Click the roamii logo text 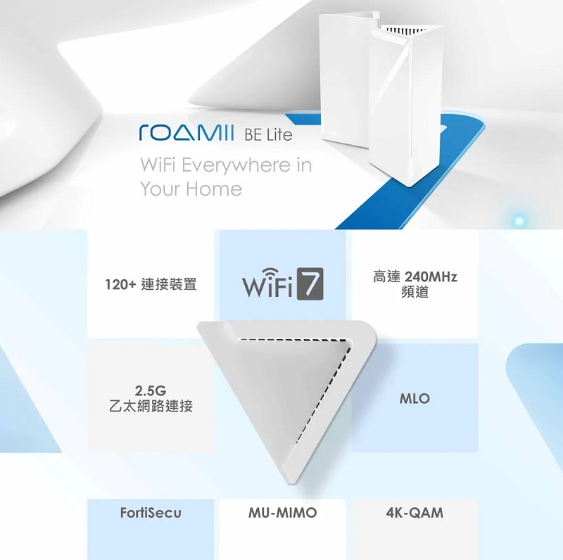click(186, 132)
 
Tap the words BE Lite click(267, 134)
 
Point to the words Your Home click(191, 189)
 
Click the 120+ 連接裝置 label click(150, 284)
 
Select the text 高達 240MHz click(415, 277)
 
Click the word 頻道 click(415, 292)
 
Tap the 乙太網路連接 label click(149, 407)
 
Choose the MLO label click(415, 399)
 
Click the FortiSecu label click(150, 513)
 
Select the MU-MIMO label click(282, 513)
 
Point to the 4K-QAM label click(415, 513)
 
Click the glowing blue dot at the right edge click(519, 221)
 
